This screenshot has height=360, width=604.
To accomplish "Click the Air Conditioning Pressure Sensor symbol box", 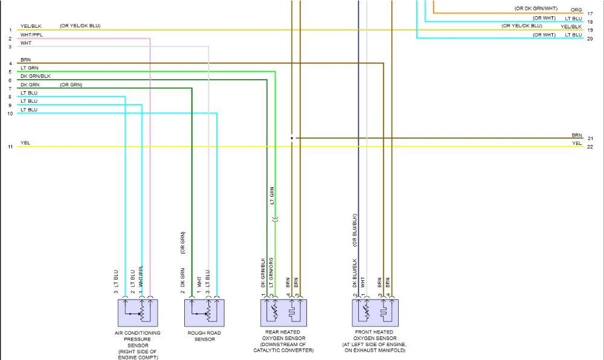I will [x=137, y=313].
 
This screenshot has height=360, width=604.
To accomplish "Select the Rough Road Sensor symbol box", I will [x=204, y=313].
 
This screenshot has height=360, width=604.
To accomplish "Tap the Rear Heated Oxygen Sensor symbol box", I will [x=284, y=313].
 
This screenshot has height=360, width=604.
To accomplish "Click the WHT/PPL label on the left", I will [x=31, y=35].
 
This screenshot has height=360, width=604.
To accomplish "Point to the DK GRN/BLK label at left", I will [x=36, y=76].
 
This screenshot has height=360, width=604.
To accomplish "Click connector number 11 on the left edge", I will [x=10, y=147].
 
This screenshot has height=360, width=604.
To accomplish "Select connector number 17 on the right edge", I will [x=590, y=13].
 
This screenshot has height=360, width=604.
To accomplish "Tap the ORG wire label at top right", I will [x=576, y=10].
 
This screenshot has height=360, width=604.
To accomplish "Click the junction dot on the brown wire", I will [x=292, y=138].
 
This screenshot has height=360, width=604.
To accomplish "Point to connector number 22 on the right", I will [x=590, y=147].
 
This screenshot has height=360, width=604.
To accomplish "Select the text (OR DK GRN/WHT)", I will [x=536, y=9].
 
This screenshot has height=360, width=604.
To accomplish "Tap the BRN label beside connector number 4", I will [x=25, y=60].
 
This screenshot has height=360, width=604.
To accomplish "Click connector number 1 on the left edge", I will [x=10, y=30].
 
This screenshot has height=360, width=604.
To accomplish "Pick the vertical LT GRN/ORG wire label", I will [x=272, y=272].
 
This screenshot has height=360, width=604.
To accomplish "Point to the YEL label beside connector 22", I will [x=577, y=143].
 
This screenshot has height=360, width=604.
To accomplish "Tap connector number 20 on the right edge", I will [x=590, y=39].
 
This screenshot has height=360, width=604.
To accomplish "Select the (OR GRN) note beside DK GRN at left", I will [x=71, y=85].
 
